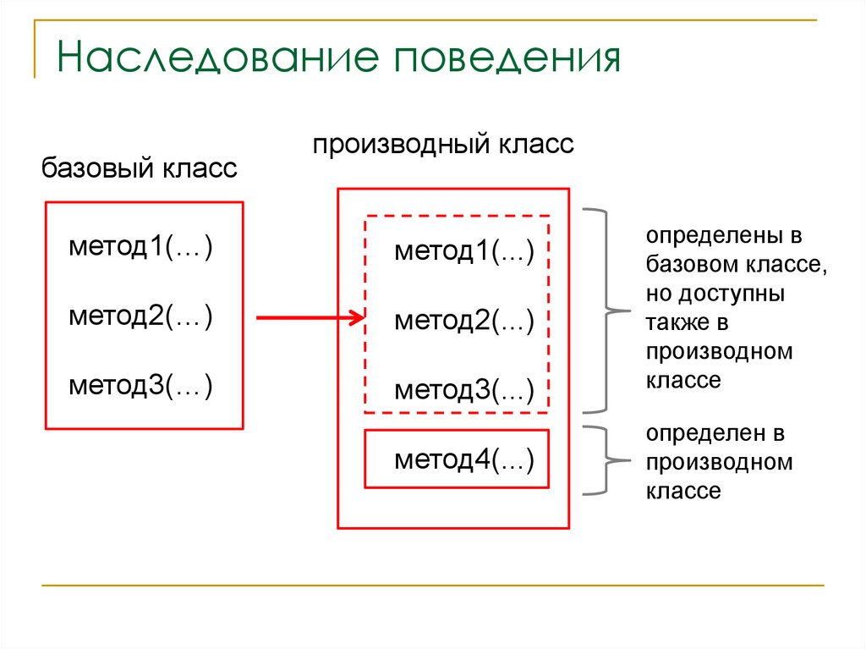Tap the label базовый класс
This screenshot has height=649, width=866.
(x=140, y=168)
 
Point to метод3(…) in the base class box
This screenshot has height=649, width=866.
(x=140, y=386)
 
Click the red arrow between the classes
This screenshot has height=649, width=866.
(x=304, y=318)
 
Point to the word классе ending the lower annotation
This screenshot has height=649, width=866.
(x=684, y=491)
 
